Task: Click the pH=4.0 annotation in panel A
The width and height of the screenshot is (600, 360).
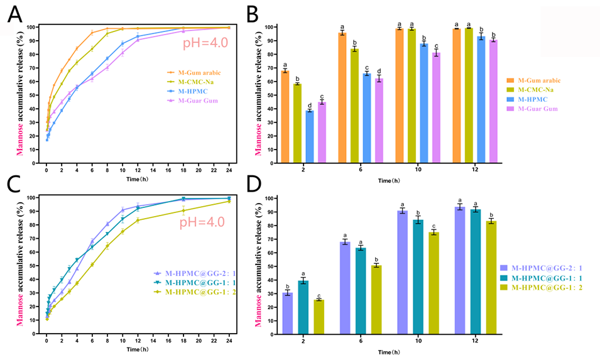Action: coord(205,44)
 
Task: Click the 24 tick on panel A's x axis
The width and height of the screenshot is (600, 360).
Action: coord(229,170)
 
